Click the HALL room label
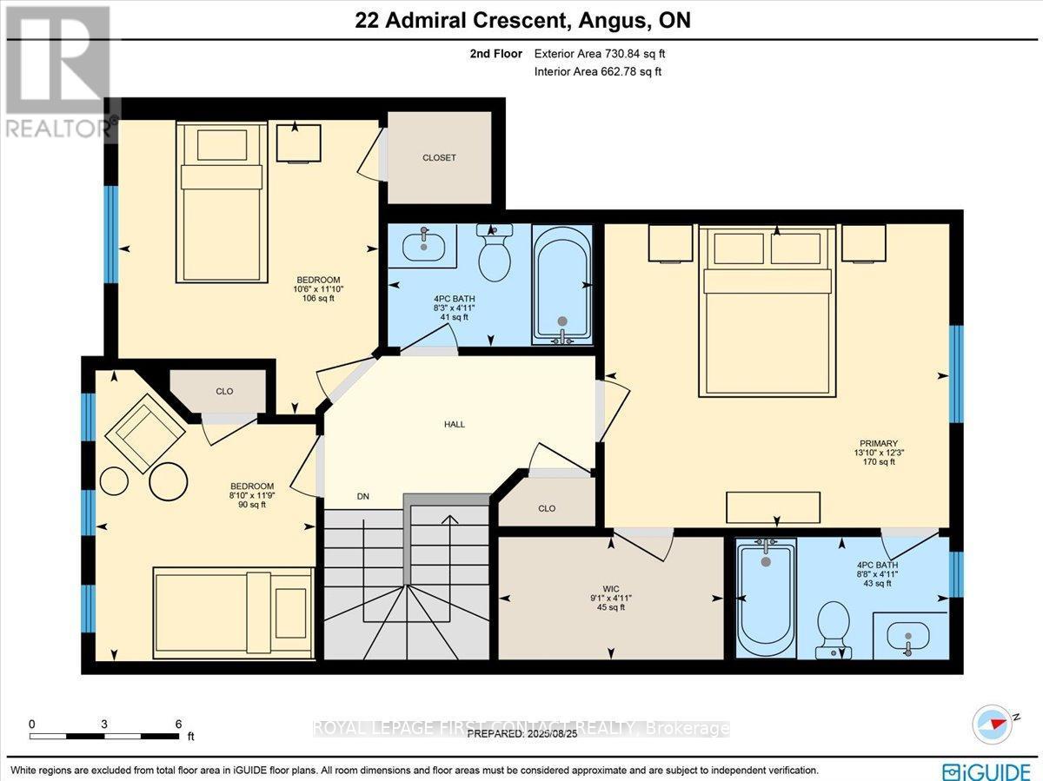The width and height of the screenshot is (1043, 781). [x=455, y=425]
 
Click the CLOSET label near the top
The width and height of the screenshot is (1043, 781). [x=439, y=158]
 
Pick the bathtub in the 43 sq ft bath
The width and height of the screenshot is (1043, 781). [x=766, y=599]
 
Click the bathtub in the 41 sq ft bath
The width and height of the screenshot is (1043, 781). [x=562, y=286]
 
